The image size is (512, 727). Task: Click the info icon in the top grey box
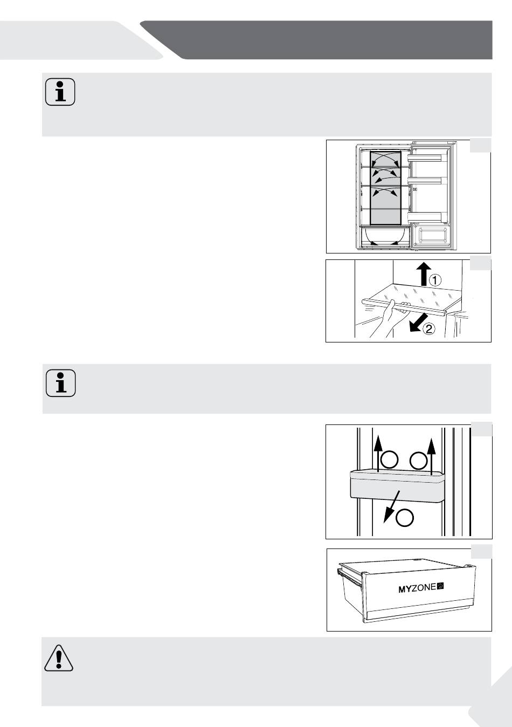click(x=60, y=92)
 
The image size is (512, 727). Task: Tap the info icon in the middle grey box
click(x=61, y=383)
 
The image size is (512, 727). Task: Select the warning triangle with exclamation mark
click(x=59, y=657)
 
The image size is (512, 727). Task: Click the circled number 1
click(x=435, y=280)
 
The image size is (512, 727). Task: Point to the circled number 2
click(x=428, y=329)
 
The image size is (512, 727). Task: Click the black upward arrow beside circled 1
click(x=424, y=274)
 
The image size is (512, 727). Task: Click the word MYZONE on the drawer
click(x=417, y=588)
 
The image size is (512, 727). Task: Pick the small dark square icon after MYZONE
click(x=441, y=586)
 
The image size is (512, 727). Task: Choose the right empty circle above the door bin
click(x=418, y=461)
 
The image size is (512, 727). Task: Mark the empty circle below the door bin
click(x=405, y=518)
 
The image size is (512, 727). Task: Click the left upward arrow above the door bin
click(x=378, y=454)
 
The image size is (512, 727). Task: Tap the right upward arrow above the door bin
click(x=431, y=457)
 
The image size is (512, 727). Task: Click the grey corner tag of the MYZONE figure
click(x=481, y=552)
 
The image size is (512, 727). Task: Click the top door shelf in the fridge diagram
click(x=425, y=157)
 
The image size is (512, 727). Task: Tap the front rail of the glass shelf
click(x=404, y=307)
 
